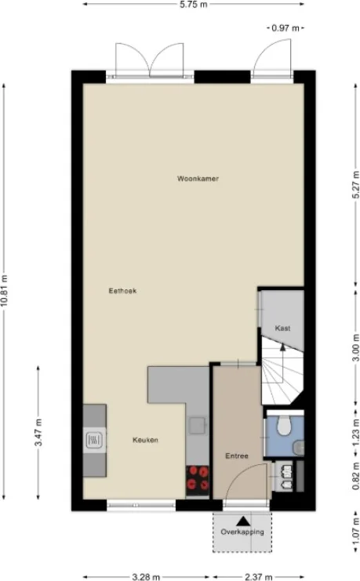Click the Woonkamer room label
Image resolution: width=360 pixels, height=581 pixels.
pyautogui.click(x=197, y=179)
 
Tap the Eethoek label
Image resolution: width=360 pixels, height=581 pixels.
pyautogui.click(x=122, y=291)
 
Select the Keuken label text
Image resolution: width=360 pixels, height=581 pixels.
pyautogui.click(x=145, y=440)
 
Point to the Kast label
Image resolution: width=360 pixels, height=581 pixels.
pyautogui.click(x=282, y=328)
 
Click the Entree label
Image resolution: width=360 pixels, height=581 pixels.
pyautogui.click(x=237, y=456)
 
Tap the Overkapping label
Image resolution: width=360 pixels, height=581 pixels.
pyautogui.click(x=242, y=532)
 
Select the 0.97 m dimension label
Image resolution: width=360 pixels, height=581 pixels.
pyautogui.click(x=285, y=27)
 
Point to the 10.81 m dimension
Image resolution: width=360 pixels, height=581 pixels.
pyautogui.click(x=5, y=291)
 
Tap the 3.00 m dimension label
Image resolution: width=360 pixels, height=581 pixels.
pyautogui.click(x=355, y=347)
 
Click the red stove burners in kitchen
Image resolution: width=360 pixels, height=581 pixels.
pyautogui.click(x=198, y=478)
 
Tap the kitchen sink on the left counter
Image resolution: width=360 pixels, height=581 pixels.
pyautogui.click(x=94, y=440)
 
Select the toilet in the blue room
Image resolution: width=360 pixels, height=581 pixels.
pyautogui.click(x=286, y=427)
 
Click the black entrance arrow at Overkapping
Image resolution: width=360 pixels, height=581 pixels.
pyautogui.click(x=243, y=520)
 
